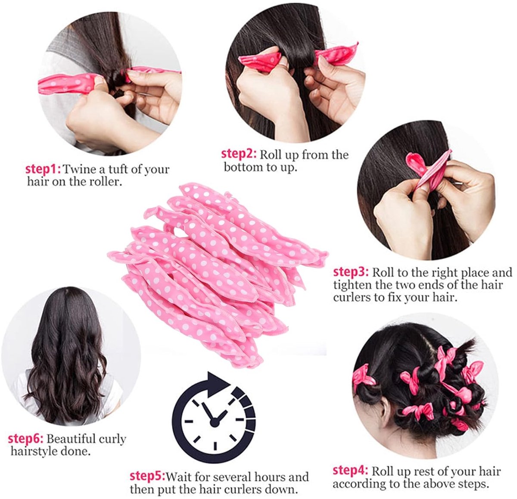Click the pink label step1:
pos(44,169)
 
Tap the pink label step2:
pos(239,154)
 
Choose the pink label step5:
pos(147,477)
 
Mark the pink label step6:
pos(25,439)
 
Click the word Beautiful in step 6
pos(72,439)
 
